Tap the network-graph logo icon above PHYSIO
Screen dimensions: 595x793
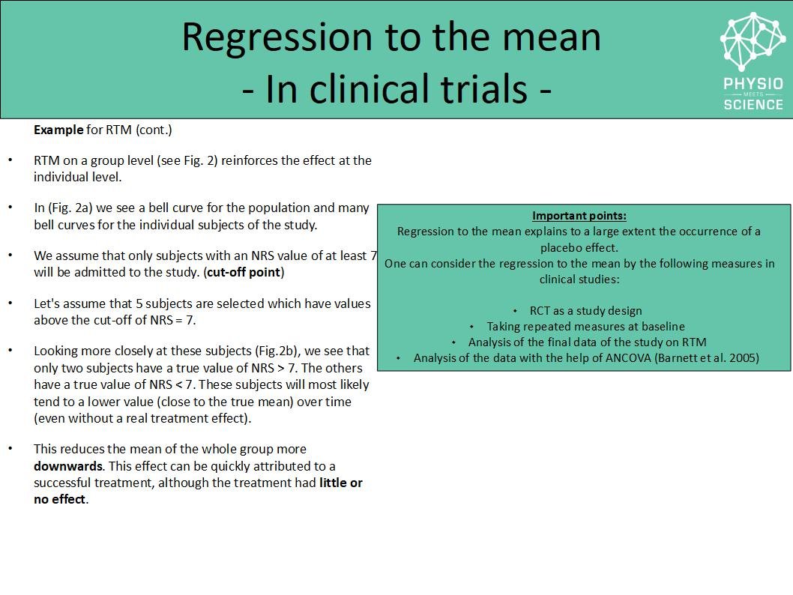coord(753,41)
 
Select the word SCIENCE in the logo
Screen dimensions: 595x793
coord(753,104)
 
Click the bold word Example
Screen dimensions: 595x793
coord(58,130)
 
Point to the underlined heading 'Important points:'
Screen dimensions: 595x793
coord(579,216)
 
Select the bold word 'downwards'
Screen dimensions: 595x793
coord(67,466)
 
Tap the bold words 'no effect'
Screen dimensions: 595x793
coord(60,499)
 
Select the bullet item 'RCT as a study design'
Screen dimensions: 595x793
coord(585,310)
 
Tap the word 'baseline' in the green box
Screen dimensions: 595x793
coord(662,327)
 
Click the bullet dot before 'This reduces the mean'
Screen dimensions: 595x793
coord(10,448)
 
